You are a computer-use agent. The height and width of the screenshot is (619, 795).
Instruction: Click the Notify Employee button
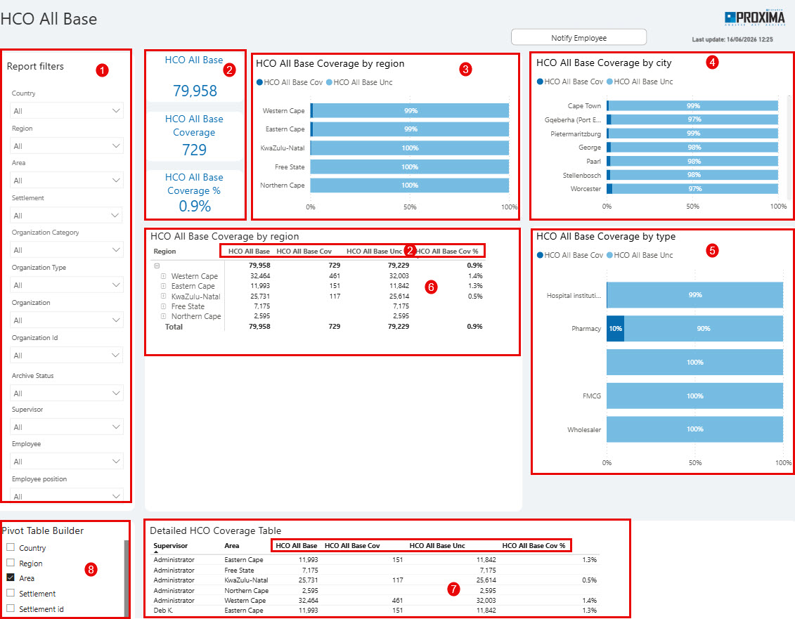click(x=579, y=37)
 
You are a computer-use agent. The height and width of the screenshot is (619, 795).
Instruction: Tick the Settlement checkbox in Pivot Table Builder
click(x=11, y=593)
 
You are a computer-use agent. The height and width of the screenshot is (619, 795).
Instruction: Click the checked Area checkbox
click(x=11, y=578)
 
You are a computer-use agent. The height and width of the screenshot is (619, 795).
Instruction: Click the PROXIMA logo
click(x=754, y=18)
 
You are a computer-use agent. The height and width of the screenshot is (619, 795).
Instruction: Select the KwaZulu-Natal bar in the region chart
click(x=410, y=148)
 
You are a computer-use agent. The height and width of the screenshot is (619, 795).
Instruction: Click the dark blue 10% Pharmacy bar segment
click(x=616, y=329)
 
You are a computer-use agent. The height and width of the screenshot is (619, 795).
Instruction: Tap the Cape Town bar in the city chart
click(x=692, y=106)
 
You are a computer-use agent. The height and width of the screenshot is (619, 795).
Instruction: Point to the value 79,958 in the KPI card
click(x=195, y=91)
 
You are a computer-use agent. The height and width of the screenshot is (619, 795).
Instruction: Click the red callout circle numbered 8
click(x=91, y=569)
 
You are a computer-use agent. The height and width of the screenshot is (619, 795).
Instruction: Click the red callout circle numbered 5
click(x=712, y=250)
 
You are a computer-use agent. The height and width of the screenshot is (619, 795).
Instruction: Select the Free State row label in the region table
click(x=188, y=307)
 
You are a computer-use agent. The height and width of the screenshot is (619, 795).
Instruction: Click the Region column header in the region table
click(x=164, y=252)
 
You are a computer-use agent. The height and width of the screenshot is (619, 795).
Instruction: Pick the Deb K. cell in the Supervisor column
click(x=163, y=611)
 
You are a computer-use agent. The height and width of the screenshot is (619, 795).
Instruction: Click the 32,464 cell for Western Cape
click(x=260, y=276)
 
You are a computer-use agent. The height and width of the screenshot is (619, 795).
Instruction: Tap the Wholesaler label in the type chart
click(x=584, y=430)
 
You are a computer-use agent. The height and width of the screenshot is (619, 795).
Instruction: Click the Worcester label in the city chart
click(x=586, y=188)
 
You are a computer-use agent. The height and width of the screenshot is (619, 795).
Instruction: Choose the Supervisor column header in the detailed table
click(x=170, y=545)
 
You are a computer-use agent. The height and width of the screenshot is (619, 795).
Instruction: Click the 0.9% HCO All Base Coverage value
click(x=195, y=207)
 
